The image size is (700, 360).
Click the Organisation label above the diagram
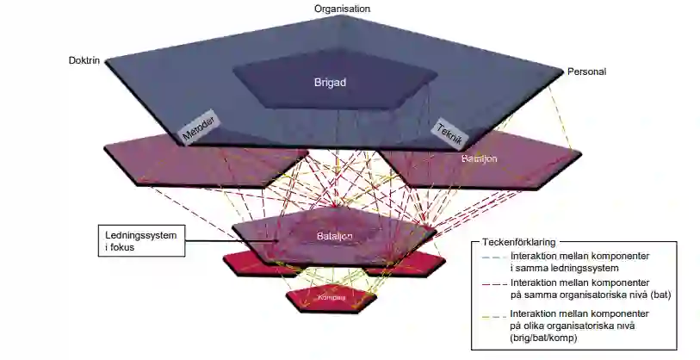point(342,9)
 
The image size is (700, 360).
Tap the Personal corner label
point(586,71)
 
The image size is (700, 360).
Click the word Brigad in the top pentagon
point(329,83)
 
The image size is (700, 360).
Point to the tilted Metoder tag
point(197,127)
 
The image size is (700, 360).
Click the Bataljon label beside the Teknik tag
point(480,159)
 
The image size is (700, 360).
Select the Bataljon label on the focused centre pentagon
point(337,236)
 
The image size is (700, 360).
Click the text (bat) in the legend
point(660,294)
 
